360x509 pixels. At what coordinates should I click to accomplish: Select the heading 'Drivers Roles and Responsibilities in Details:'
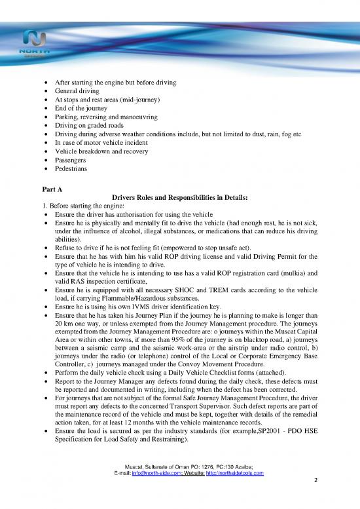(180, 197)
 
